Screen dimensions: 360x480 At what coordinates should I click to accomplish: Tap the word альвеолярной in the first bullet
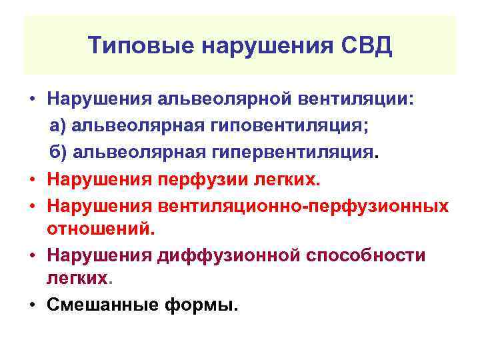pyautogui.click(x=217, y=100)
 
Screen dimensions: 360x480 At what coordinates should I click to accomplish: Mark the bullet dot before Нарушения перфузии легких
pyautogui.click(x=32, y=180)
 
